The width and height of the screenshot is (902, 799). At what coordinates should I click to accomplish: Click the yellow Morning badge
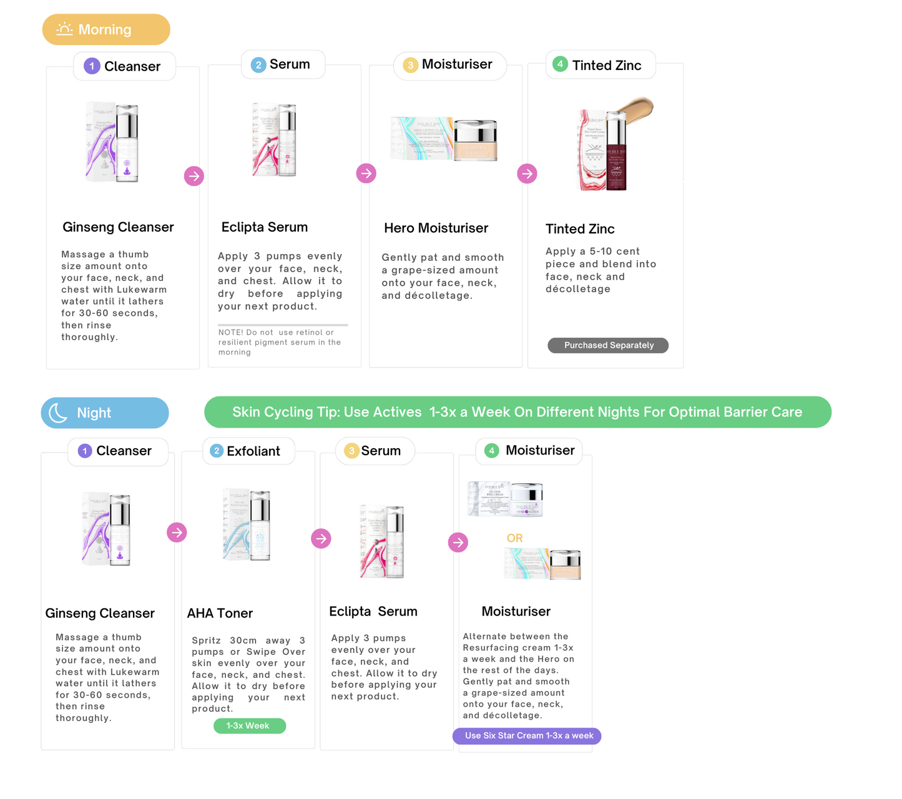tap(106, 29)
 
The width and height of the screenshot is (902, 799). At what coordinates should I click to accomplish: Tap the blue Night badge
tap(105, 413)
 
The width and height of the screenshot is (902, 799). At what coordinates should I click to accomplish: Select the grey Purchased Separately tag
tap(608, 345)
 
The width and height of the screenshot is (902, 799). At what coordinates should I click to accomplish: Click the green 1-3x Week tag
tap(249, 725)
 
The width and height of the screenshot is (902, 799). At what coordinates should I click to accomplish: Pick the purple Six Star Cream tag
tap(527, 736)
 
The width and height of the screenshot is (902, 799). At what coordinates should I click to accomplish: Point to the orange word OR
tap(514, 538)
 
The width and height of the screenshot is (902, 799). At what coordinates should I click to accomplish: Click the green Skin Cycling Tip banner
tap(517, 412)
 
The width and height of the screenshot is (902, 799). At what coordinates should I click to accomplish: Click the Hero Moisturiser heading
tap(436, 228)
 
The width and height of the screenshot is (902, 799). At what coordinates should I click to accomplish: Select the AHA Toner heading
tap(220, 613)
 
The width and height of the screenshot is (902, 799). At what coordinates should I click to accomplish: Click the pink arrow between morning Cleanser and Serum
tap(194, 176)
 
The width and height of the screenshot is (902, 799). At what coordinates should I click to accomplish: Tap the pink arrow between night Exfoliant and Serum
tap(321, 538)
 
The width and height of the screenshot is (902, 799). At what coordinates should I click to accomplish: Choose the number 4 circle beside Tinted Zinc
tap(560, 64)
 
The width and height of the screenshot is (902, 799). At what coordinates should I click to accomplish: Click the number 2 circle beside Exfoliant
tap(217, 451)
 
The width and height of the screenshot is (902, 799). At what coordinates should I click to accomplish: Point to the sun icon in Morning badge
tap(64, 29)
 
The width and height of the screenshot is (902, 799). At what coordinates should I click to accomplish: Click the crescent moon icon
tap(58, 413)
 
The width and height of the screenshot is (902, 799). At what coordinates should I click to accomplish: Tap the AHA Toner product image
tap(247, 526)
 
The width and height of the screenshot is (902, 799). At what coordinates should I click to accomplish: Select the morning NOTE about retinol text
tap(279, 342)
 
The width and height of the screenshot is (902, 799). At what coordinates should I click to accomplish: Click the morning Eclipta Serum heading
tap(264, 227)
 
